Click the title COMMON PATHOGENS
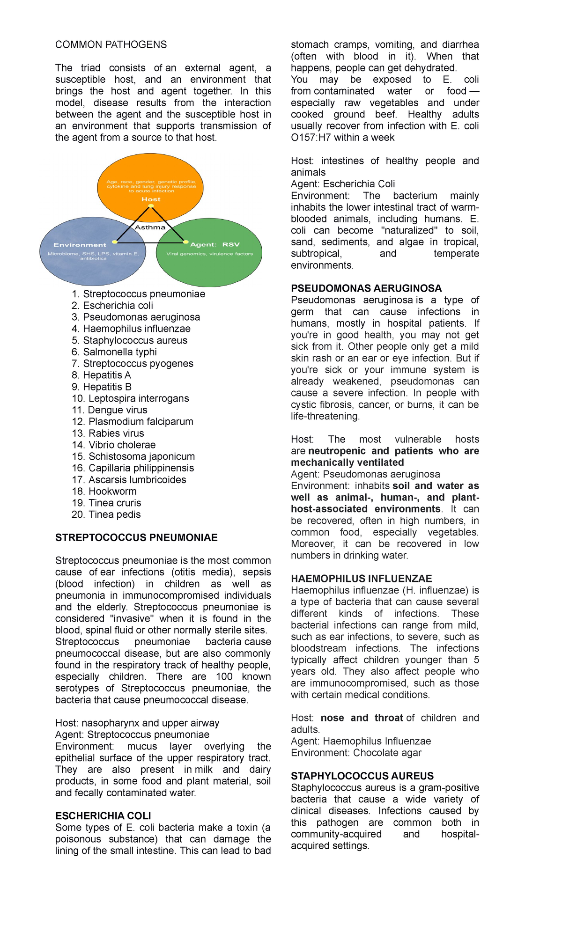click(111, 44)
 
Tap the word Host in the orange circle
click(151, 199)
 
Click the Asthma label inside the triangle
click(150, 228)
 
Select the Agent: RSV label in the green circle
click(215, 244)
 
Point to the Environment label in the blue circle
click(80, 245)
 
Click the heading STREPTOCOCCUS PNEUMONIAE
click(136, 537)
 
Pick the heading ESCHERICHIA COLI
click(103, 816)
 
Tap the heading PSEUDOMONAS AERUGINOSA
click(366, 288)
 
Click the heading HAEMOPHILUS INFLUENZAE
click(362, 579)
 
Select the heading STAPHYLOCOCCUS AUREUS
click(362, 776)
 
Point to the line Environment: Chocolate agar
click(356, 753)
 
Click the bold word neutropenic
click(337, 451)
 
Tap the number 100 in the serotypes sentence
click(224, 677)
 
